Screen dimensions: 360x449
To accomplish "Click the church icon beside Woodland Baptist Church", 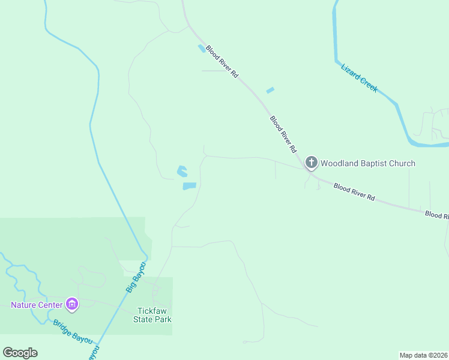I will pos(311,163).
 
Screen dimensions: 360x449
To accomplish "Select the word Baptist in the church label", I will pos(375,163).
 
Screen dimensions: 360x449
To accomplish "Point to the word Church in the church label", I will pos(402,163).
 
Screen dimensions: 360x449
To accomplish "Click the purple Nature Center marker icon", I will pos(72,304).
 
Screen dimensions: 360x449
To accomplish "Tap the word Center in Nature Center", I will pos(51,305).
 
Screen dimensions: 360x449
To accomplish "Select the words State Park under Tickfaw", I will pos(152,319).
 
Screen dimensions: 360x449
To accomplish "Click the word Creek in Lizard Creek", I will pos(369,85).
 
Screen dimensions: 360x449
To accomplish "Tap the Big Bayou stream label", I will pos(136,277).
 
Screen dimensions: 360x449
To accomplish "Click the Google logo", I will pos(20,353).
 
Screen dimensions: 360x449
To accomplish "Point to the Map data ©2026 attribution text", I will pos(423,355).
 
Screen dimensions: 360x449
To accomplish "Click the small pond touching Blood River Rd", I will pos(201,49).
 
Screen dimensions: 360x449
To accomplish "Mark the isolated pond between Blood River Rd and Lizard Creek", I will pos(270,91).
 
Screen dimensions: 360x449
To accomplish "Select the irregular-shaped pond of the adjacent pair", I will pos(182,172).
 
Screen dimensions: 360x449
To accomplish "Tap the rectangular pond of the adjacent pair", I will pos(190,186).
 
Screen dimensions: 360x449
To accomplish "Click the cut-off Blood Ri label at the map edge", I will pos(436,214).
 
